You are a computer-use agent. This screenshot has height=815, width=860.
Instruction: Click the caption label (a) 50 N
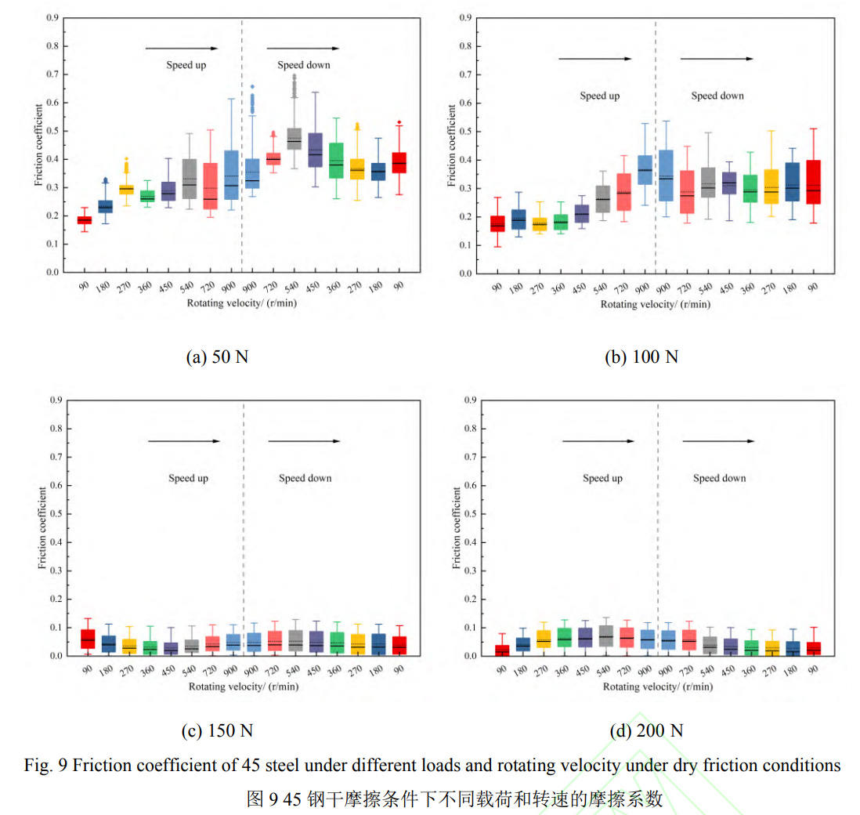coord(217,357)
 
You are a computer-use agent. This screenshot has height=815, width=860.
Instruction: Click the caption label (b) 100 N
coord(641,357)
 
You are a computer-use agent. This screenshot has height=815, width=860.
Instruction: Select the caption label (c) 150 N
coord(217,730)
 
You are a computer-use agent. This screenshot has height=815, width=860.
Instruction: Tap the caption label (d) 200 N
coord(646,730)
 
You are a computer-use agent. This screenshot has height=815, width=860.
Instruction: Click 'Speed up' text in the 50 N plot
coord(186,65)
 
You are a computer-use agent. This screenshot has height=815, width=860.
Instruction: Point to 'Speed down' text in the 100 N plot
coord(717,96)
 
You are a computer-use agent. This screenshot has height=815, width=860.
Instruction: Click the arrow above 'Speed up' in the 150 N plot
coord(183,441)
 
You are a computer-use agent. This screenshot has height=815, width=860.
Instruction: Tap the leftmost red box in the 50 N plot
coord(84,219)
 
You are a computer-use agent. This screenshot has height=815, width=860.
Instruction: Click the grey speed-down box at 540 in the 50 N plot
coord(294,139)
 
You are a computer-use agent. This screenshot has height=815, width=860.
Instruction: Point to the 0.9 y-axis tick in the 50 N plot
coord(53,17)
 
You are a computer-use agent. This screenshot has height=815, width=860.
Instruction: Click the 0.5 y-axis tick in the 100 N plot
coord(465,131)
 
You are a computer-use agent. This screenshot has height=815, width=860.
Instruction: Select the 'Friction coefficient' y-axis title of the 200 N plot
coord(457,527)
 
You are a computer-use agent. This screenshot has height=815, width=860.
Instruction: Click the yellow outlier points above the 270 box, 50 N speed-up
coord(126,168)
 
